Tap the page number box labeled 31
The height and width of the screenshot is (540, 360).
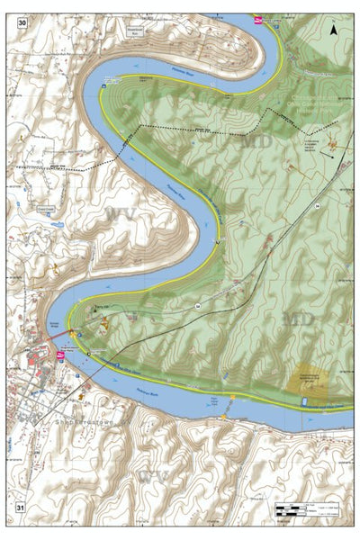20,508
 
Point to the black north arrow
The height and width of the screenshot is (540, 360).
335,29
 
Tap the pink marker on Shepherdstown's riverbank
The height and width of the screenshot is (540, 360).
61,355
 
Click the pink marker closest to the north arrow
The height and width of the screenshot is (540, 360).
259,18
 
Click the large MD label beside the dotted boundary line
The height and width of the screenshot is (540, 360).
252,140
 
